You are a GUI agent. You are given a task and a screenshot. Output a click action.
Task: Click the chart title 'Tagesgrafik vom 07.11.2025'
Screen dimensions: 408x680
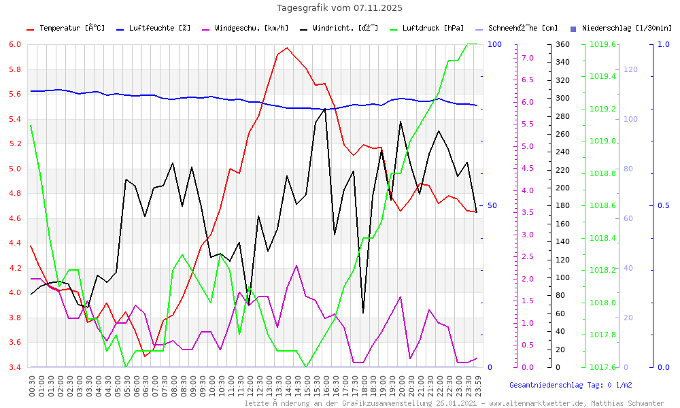coord(339,8)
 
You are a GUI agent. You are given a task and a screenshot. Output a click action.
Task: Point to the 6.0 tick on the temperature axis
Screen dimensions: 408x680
coord(15,44)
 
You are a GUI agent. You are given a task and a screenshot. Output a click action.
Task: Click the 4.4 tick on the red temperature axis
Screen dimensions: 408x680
coord(15,243)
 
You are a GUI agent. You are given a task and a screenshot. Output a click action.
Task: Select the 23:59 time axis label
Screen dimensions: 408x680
coord(477,386)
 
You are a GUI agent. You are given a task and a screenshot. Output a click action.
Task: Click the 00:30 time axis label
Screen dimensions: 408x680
coord(31,386)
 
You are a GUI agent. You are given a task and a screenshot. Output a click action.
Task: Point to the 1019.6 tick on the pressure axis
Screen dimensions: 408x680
coord(603,44)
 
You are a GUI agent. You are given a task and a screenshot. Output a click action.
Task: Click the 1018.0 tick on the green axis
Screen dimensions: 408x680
coord(603,303)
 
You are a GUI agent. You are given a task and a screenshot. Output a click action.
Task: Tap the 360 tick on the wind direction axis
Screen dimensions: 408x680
coord(561,44)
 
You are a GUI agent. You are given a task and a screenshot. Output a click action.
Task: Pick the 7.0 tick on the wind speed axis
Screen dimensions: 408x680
coord(527,58)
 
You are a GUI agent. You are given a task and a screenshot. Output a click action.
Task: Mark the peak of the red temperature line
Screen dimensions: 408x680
coord(287,48)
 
